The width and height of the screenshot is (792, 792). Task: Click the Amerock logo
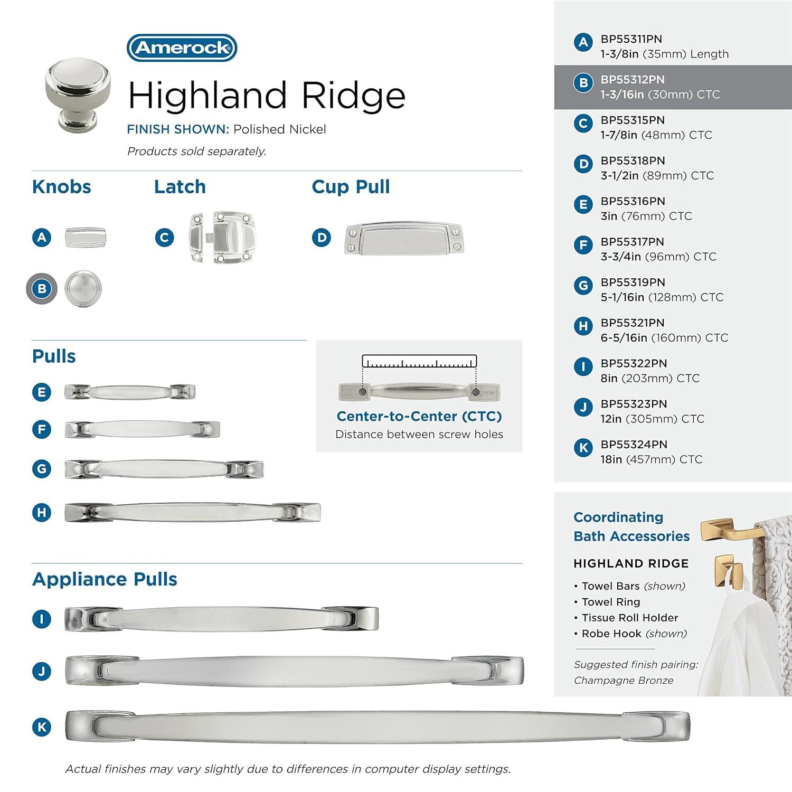pos(182,48)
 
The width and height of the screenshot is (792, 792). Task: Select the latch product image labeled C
pos(221,238)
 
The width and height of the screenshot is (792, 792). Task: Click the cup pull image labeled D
pos(403,238)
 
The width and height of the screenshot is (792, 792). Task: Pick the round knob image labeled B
pos(83,289)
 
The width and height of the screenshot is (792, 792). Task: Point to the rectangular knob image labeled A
pos(85,238)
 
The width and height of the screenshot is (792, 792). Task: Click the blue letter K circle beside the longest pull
pos(42,727)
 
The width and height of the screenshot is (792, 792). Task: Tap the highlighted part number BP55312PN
pos(632,80)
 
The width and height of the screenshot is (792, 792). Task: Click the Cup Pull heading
pos(351,187)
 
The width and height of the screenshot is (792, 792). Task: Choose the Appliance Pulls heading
pos(105,579)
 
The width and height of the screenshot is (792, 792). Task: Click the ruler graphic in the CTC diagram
pos(419,362)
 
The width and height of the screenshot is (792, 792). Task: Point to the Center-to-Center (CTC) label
pos(419,417)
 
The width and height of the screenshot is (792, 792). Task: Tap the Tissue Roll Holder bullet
pos(629,618)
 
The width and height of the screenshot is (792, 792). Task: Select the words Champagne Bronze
pos(623,681)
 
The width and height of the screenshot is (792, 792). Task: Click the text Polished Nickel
pos(279,129)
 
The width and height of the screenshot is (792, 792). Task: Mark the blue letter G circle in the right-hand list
pos(583,286)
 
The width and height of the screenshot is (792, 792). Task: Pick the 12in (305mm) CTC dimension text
pos(652,419)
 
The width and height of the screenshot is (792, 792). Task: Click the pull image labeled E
pos(130,392)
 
